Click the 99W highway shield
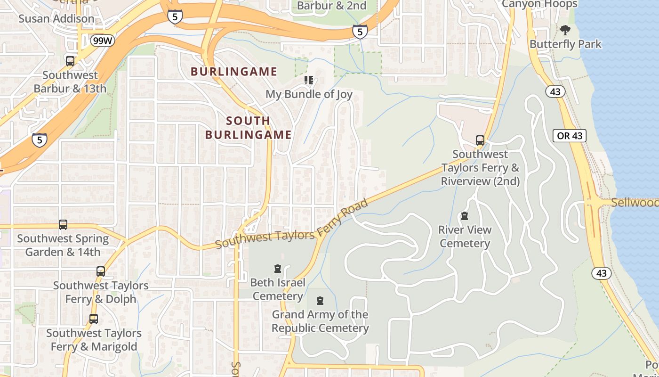tap(103, 41)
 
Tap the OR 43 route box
tap(570, 136)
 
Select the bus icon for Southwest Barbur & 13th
tap(70, 61)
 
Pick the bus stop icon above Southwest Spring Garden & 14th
tap(63, 225)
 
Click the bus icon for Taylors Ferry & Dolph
tap(101, 271)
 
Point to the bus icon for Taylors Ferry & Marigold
tap(94, 319)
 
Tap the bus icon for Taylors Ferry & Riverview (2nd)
tap(480, 140)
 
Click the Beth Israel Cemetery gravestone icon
tap(278, 269)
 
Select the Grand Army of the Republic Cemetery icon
tap(320, 301)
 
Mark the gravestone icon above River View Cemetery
tap(465, 216)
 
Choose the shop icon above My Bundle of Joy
tap(309, 80)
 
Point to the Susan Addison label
tap(56, 19)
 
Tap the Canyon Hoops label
tap(539, 4)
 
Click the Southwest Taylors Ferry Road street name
tap(292, 224)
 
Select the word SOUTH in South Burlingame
tap(248, 121)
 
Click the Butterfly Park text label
tap(565, 44)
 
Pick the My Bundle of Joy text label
tap(309, 94)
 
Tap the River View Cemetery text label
tap(465, 237)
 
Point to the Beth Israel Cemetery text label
tap(277, 289)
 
